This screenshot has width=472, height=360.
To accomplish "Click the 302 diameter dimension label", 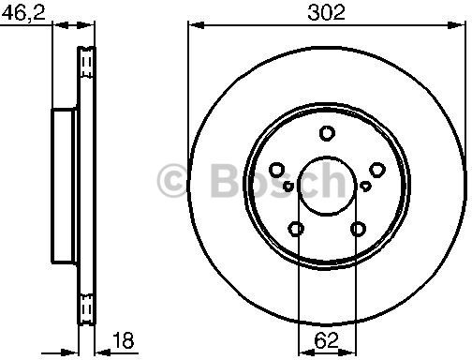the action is point(326,12).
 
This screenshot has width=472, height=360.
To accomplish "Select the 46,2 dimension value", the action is point(25,12).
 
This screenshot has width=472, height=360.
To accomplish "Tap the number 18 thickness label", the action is point(123,340).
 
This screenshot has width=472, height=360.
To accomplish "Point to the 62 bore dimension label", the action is point(326,340).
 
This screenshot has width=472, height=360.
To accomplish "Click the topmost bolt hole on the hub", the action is point(327,133).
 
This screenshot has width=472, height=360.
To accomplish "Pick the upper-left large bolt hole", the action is point(277,170).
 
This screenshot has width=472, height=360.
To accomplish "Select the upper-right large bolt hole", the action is point(377,170).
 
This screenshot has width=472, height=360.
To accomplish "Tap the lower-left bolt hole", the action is point(296,229).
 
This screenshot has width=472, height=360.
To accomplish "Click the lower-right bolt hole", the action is point(358,229).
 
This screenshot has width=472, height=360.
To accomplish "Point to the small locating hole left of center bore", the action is point(288,187).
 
